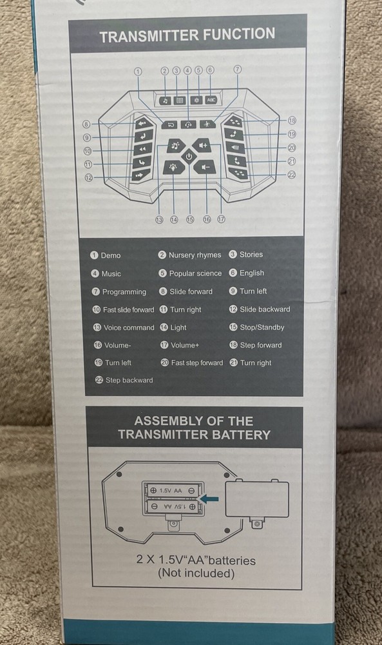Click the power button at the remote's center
189,156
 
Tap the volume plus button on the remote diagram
203,146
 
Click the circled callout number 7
238,69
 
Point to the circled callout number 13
159,220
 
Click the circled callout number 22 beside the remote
292,175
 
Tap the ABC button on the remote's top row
211,100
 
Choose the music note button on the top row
165,101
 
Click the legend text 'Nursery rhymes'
195,255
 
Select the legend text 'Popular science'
195,273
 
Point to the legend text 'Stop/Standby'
262,328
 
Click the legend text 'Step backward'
129,380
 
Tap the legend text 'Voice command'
129,328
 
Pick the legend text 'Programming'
124,292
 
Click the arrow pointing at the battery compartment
209,499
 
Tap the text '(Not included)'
196,573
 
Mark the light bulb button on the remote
174,168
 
